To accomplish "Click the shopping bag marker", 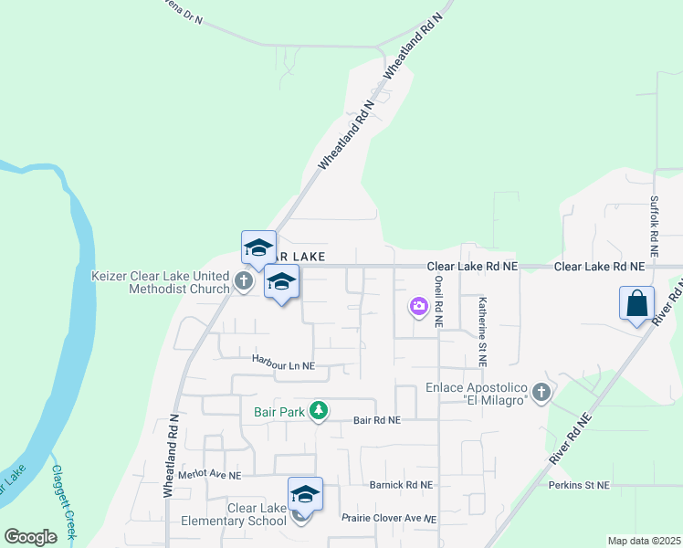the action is (636, 302).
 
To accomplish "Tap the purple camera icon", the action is (419, 307).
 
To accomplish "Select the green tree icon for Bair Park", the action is (318, 412).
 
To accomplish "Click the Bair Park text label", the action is (278, 413).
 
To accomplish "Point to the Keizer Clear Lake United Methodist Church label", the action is (161, 282).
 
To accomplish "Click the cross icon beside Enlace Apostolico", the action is (541, 394).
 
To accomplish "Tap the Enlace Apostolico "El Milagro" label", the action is (477, 394).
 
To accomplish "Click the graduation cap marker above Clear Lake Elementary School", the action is (305, 494).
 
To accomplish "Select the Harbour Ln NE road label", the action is (284, 364).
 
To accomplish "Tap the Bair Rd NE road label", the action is (376, 420).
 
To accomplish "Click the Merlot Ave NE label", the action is (210, 475).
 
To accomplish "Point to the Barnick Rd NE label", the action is (401, 485).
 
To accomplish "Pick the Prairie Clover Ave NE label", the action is (389, 518).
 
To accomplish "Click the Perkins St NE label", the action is (579, 485).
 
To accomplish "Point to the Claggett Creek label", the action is (63, 501).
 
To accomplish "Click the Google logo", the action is (30, 537).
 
